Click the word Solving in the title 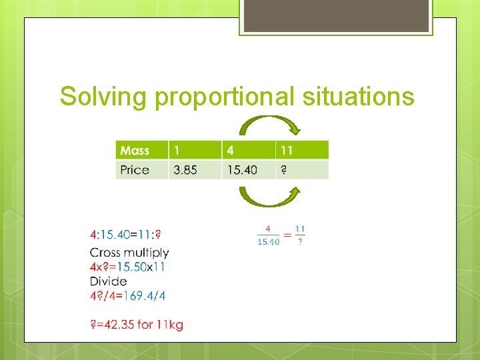(105, 97)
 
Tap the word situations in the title (358, 97)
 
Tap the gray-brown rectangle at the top (336, 16)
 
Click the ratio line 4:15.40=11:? (125, 235)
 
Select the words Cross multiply (129, 253)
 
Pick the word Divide (108, 281)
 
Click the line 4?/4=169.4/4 (127, 295)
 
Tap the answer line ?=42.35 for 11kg (137, 325)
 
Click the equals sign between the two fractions (287, 235)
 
